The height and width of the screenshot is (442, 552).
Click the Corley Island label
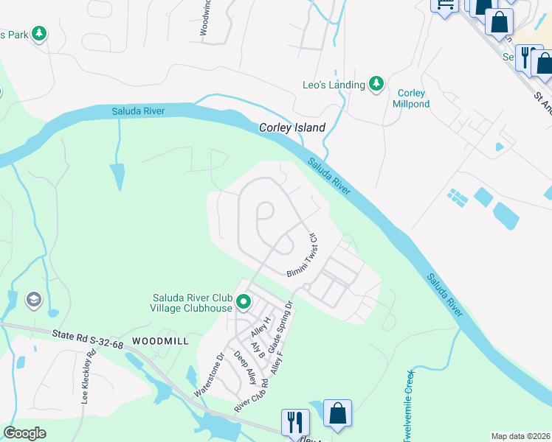(x=292, y=127)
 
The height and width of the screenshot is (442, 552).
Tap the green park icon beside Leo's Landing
(x=376, y=85)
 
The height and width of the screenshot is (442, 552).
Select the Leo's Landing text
(x=334, y=85)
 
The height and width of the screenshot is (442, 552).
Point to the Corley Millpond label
(x=412, y=98)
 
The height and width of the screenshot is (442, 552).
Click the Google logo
(x=24, y=433)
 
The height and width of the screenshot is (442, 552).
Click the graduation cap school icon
(x=33, y=299)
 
